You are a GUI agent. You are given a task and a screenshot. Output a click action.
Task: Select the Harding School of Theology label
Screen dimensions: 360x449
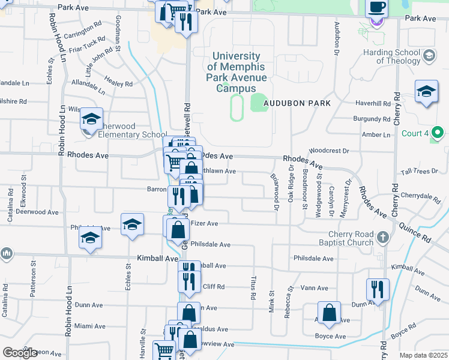[391, 56]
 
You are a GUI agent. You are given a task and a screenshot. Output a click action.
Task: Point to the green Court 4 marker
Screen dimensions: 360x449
[438, 133]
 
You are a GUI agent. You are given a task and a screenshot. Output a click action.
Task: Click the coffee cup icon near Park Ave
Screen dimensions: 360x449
[376, 8]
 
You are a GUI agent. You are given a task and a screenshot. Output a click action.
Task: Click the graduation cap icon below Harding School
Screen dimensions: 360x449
[426, 92]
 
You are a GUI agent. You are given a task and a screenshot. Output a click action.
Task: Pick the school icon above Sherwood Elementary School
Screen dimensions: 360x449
[92, 119]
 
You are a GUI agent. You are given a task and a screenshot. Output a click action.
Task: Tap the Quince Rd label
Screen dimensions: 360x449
[418, 231]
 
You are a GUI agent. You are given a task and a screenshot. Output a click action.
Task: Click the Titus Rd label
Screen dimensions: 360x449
[253, 287]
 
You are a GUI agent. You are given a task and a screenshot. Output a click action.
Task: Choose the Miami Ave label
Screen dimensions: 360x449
[90, 326]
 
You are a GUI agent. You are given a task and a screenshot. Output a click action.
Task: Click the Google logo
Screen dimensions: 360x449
[20, 353]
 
